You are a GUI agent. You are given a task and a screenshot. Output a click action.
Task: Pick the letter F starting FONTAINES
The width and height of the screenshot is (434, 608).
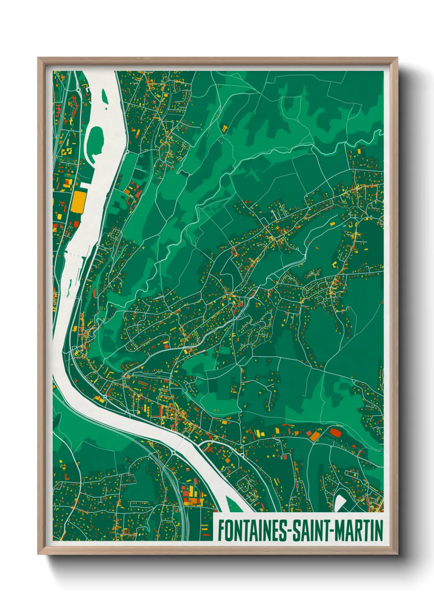point(221,530)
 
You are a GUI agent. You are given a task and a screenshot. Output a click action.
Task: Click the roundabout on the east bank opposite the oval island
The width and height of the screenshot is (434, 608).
point(128,152)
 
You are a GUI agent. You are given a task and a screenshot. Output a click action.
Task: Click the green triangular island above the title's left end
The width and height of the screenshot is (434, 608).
point(230,503)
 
